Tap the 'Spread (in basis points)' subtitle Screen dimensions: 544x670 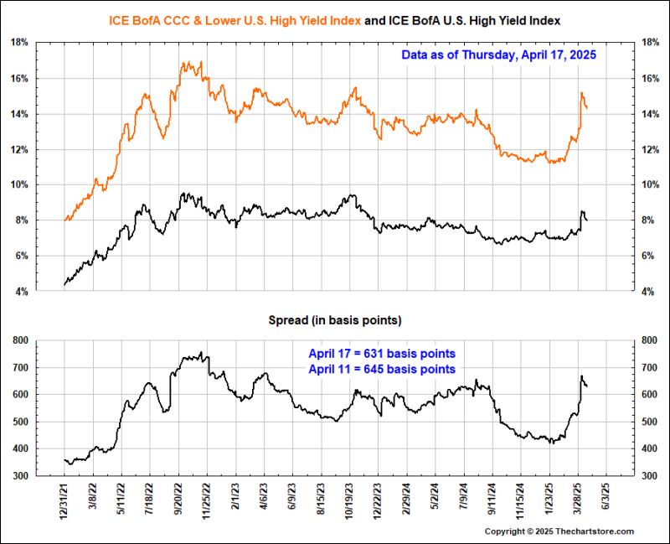tap(334, 320)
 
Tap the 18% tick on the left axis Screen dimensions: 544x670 tap(20, 43)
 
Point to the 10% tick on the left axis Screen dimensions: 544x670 tap(20, 185)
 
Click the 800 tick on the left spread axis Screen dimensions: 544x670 tap(19, 340)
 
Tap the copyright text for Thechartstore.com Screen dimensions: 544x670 tap(559, 531)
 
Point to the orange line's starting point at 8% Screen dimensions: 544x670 tap(65, 220)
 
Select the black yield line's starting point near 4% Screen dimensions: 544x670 tap(64, 285)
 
